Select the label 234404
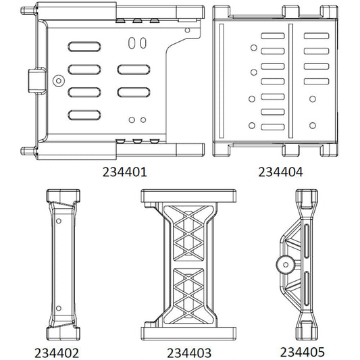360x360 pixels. pos(280,172)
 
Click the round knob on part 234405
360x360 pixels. pos(283,264)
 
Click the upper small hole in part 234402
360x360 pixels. pos(59,220)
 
